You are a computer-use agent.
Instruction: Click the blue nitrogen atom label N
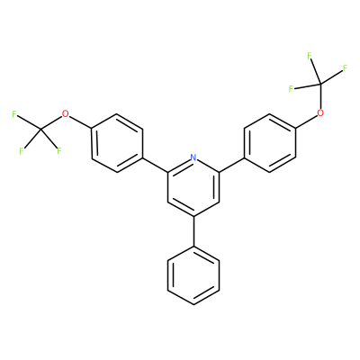pyautogui.click(x=193, y=157)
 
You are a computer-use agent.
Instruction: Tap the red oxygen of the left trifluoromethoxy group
pyautogui.click(x=65, y=114)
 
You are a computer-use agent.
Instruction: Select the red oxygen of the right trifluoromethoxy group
pyautogui.click(x=321, y=113)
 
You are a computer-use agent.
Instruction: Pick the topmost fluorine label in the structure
pyautogui.click(x=310, y=56)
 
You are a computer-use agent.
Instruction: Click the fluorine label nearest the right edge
pyautogui.click(x=345, y=68)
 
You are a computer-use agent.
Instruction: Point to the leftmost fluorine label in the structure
pyautogui.click(x=13, y=114)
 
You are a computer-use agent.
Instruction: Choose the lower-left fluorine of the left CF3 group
pyautogui.click(x=22, y=151)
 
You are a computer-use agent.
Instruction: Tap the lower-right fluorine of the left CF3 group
pyautogui.click(x=58, y=150)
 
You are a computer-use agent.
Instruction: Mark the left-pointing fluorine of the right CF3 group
pyautogui.click(x=291, y=89)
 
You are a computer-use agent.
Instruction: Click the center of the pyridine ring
pyautogui.click(x=193, y=187)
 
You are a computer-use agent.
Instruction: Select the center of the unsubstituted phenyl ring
pyautogui.click(x=193, y=275)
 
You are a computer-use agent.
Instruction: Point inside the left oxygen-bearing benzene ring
pyautogui.click(x=117, y=143)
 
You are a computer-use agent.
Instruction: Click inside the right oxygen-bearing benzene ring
pyautogui.click(x=270, y=143)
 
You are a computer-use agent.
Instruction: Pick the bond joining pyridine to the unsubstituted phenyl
pyautogui.click(x=193, y=231)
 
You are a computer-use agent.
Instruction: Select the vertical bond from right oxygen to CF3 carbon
pyautogui.click(x=321, y=96)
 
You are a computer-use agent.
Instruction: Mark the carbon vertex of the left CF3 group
pyautogui.click(x=40, y=130)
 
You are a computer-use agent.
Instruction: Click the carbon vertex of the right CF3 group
pyautogui.click(x=321, y=84)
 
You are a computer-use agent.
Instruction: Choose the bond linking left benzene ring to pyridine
pyautogui.click(x=155, y=165)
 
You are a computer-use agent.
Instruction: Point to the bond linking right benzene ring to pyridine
pyautogui.click(x=232, y=165)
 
